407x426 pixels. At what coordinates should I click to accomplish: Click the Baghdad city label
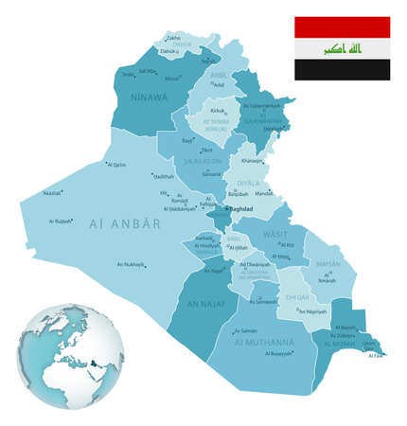coord(243,209)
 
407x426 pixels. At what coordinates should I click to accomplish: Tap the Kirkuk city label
coord(218,111)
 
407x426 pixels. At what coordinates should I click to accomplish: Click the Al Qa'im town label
coord(116,165)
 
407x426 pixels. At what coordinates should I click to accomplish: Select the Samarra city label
coord(211,174)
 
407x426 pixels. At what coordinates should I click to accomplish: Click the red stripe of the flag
coord(342,27)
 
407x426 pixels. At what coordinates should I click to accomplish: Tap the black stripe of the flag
coord(342,69)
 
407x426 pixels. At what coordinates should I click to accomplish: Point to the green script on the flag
coord(342,47)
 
